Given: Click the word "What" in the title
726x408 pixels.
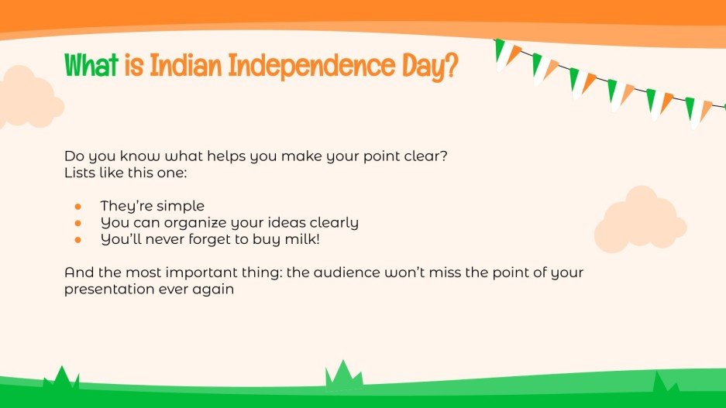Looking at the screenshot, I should pos(90,67).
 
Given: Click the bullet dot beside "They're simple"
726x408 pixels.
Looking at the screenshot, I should pos(77,206).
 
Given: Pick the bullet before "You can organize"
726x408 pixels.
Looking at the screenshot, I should pos(77,223).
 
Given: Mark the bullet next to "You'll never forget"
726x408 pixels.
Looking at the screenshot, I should pos(77,239).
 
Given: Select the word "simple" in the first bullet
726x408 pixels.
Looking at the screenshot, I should pos(179,207).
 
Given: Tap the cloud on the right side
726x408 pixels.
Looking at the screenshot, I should pos(640,221).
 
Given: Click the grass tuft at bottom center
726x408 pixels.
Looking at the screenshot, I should pos(342,375).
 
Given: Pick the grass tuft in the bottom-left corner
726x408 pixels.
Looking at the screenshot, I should pos(61,379).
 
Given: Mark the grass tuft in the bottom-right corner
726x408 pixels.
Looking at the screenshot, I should pos(663,383).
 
